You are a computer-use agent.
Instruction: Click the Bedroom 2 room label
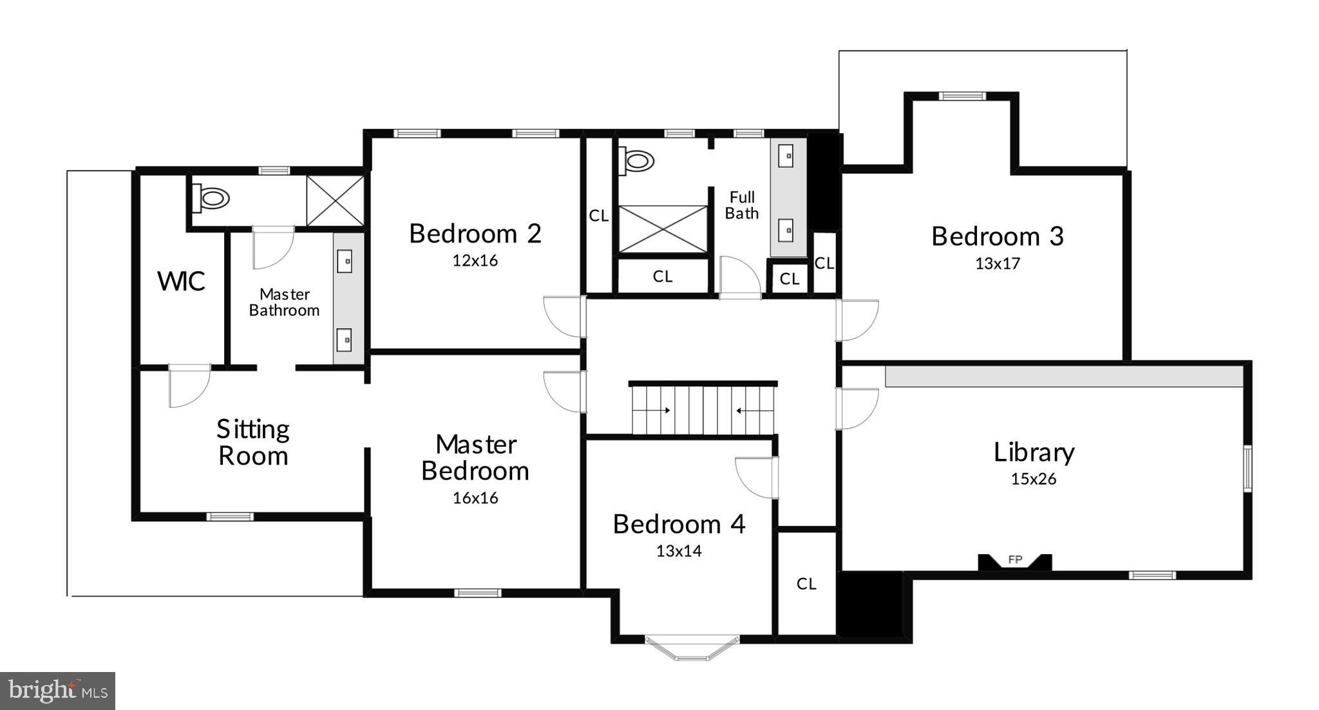point(475,234)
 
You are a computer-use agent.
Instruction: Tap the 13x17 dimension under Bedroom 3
point(997,263)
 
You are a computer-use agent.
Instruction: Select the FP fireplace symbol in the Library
point(1015,561)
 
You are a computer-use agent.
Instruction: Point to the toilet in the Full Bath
point(636,160)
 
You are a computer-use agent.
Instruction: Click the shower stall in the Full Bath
point(663,229)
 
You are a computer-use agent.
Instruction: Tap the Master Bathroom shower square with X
point(335,200)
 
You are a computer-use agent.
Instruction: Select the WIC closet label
point(181,281)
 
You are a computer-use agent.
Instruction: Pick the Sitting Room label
point(253,442)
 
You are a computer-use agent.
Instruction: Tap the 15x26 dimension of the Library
point(1033,479)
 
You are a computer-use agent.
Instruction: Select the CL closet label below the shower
point(662,276)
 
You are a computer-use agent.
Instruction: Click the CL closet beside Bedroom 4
point(806,583)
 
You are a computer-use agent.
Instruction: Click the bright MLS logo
point(57,691)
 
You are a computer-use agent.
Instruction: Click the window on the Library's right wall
point(1248,468)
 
